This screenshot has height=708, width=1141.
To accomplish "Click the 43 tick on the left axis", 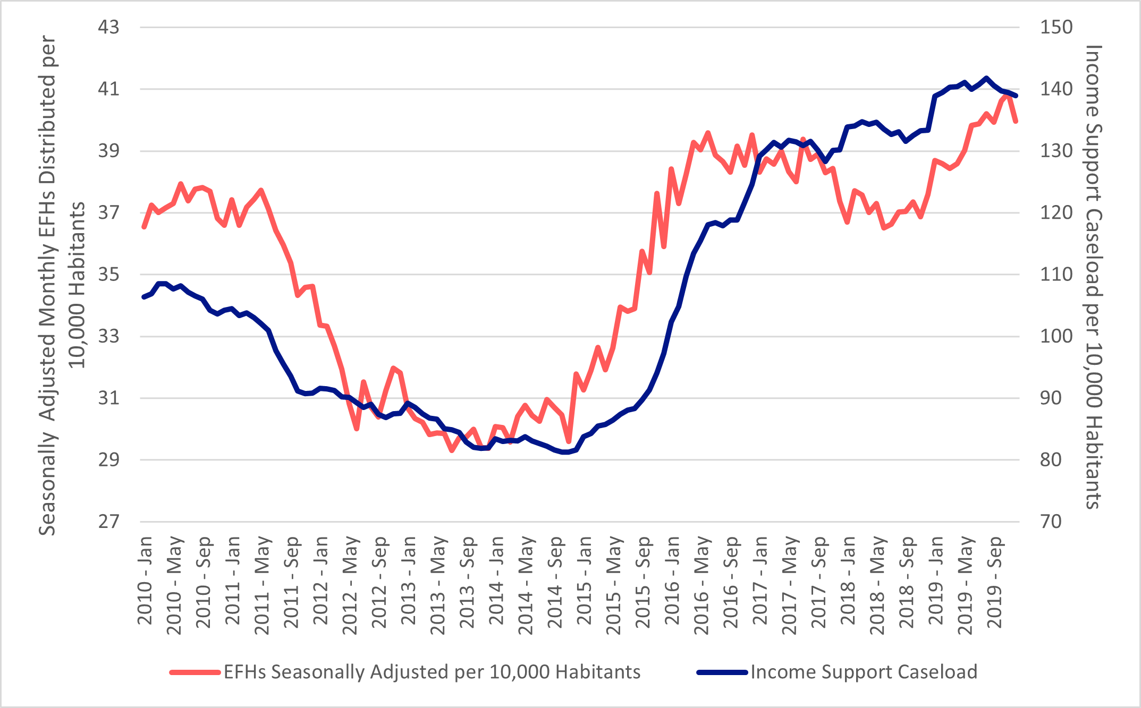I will [x=108, y=27].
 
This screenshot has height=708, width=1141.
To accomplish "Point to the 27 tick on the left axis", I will [x=108, y=522].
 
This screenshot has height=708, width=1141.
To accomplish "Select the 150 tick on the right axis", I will [x=1056, y=27].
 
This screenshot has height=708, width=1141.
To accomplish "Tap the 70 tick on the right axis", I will [x=1051, y=522].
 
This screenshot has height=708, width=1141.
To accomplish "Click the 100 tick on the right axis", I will [x=1056, y=336].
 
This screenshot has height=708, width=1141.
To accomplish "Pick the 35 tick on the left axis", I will [x=108, y=275].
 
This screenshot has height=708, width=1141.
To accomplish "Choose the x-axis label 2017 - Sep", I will [x=818, y=582].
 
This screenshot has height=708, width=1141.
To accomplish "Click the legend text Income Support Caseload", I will [x=864, y=672].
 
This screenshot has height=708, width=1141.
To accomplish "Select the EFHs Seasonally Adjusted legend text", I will [x=432, y=672].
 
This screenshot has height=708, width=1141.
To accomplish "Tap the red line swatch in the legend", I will [x=195, y=672].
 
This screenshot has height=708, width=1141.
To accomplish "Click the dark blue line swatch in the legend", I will [x=722, y=672].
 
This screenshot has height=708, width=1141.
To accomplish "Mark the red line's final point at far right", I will [x=1016, y=122].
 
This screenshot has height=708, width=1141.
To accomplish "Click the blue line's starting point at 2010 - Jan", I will [x=143, y=297].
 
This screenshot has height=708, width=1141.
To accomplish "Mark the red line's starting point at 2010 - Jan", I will [x=143, y=227].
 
